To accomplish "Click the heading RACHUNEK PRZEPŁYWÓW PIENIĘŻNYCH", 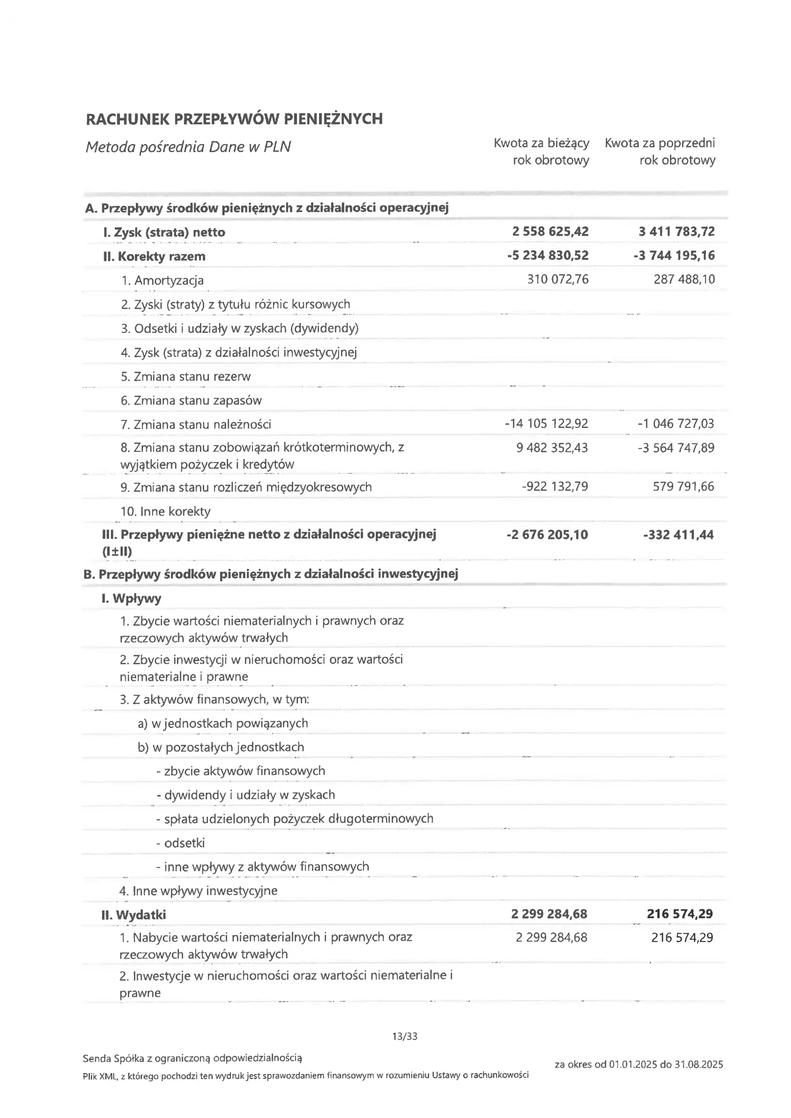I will click(234, 119).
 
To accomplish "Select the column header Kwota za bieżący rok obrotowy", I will click(541, 152).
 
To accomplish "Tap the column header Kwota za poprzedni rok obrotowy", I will click(660, 152).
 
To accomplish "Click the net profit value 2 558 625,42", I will click(550, 231).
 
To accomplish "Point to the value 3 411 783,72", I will click(677, 231).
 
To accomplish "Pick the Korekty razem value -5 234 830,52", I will click(548, 255).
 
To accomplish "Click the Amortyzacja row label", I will click(162, 281).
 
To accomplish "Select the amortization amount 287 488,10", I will click(684, 279).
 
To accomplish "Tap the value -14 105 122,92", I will click(546, 424).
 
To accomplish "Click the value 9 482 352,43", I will click(552, 448).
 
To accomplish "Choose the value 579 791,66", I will click(683, 486).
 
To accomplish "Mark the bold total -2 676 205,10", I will click(547, 535).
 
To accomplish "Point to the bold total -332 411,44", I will click(678, 535).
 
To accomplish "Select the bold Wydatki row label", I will click(133, 915).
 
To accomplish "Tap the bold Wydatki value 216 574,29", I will click(680, 913).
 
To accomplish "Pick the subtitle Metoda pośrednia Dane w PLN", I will click(188, 147).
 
